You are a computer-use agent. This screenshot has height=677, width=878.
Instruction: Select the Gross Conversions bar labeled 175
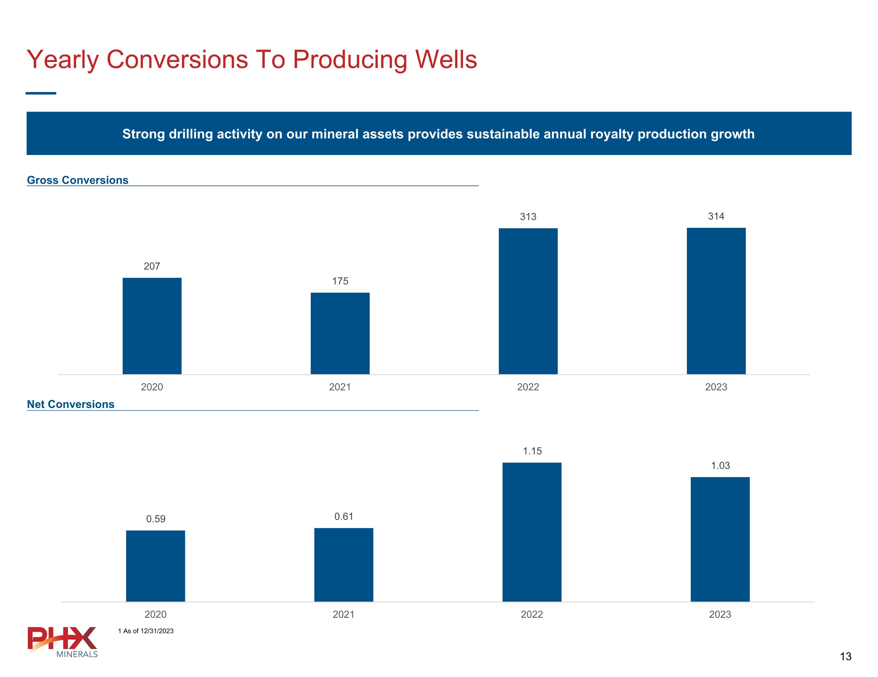point(340,333)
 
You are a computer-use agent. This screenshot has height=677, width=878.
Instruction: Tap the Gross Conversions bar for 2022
point(528,301)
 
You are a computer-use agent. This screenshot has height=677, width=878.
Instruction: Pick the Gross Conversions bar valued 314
point(716,301)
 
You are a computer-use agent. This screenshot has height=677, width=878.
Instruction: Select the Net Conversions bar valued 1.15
point(532,532)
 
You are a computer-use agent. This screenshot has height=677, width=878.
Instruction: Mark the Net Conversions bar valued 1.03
point(720,539)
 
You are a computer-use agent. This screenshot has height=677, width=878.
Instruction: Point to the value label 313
point(528,217)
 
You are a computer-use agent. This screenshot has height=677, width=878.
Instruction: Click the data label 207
point(152,266)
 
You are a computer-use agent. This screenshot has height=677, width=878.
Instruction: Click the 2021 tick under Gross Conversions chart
point(340,387)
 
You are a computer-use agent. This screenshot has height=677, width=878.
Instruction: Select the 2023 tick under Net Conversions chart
point(720,614)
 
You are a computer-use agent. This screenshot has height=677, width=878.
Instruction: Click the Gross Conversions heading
point(78,180)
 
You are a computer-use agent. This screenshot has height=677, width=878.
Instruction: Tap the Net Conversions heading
point(71,404)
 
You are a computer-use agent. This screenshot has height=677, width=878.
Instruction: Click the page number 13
point(846,657)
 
